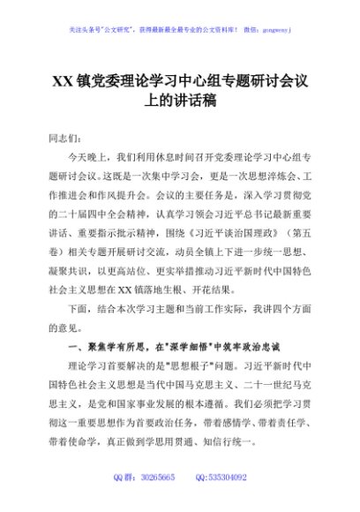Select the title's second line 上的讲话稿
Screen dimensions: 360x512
180,102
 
